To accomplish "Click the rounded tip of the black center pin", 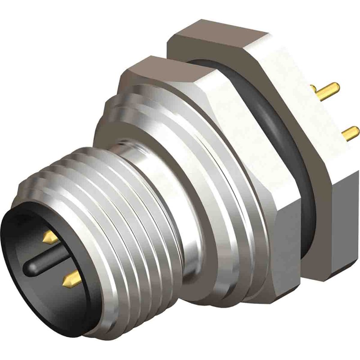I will [x=29, y=269].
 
